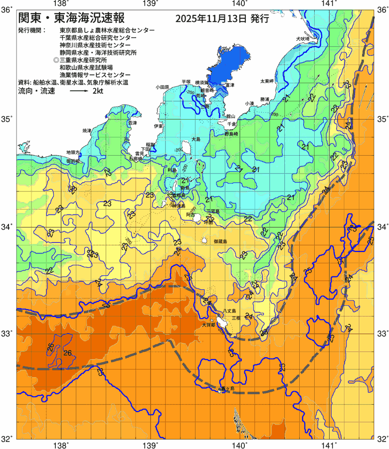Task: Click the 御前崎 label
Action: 73,161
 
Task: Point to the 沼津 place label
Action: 132,123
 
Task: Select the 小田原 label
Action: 163,87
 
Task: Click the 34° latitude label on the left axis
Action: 7,227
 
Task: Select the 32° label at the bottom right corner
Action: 382,439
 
